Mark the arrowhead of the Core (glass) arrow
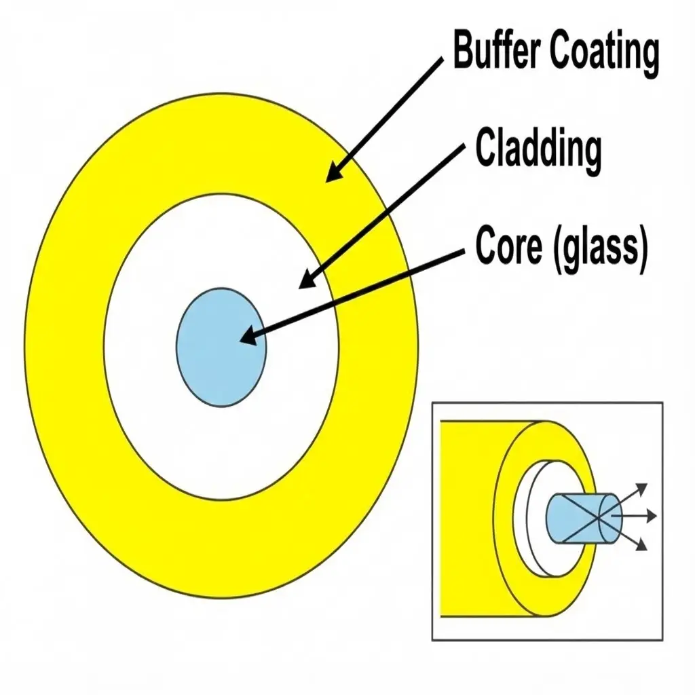tap(247, 336)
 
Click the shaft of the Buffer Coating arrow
tap(387, 115)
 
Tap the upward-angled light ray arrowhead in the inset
tap(641, 488)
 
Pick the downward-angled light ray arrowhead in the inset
tap(641, 545)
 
